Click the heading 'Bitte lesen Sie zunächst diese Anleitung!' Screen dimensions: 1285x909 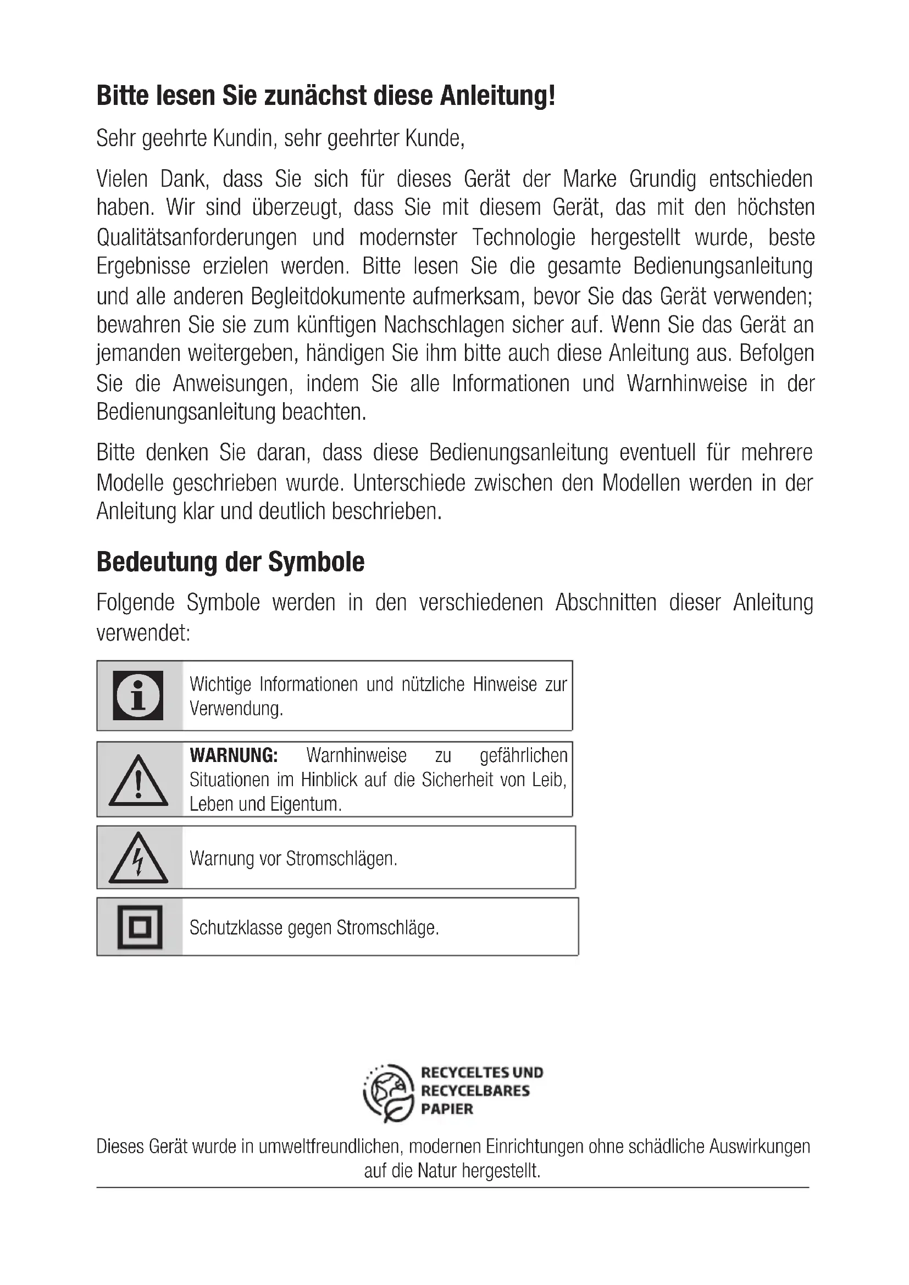pos(326,96)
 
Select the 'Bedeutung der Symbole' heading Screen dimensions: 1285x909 pos(230,562)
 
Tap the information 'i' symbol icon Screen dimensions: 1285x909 pos(138,695)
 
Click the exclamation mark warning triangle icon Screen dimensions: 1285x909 pos(138,781)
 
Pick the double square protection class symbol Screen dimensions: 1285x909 pos(140,927)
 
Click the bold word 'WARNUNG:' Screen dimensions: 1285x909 pos(234,755)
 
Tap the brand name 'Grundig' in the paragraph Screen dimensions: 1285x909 pos(662,179)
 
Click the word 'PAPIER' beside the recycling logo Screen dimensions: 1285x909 pos(447,1109)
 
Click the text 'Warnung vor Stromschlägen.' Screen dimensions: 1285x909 pos(293,859)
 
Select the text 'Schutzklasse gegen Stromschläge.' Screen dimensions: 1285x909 pos(314,928)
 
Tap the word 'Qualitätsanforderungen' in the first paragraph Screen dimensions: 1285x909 pos(196,237)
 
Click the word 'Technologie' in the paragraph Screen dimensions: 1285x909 pos(523,237)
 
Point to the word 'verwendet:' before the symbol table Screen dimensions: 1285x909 pos(143,633)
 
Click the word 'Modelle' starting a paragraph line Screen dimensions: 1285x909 pos(130,482)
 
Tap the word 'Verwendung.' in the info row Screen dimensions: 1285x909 pos(236,709)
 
